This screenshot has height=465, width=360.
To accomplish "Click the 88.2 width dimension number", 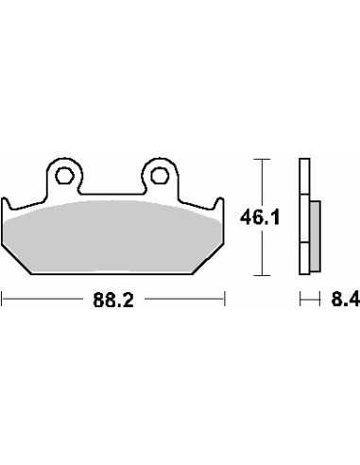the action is (113, 300).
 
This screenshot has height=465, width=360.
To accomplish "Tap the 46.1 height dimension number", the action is (260, 217).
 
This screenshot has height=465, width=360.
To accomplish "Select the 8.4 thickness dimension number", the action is (346, 299).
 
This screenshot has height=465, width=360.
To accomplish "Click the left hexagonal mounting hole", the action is (64, 176).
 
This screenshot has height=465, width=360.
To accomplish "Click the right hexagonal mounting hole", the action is (159, 176).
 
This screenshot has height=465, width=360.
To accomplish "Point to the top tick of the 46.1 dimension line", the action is (262, 160).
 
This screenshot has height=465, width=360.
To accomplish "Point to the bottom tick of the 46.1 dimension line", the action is (262, 275).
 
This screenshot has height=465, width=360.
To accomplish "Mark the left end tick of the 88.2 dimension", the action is (2, 299).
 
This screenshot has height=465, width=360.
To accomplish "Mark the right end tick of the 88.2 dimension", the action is (225, 299).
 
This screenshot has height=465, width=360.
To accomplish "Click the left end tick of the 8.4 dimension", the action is (300, 299).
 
